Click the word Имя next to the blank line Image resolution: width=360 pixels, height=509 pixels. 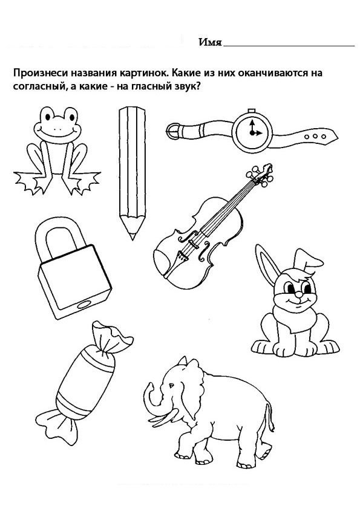pos(210,42)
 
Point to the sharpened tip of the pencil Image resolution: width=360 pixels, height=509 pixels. pos(133,236)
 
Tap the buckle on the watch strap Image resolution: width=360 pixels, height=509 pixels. pos(173,132)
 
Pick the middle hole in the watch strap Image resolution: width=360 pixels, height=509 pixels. pos(315,137)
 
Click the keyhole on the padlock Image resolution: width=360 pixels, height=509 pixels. pos(83,305)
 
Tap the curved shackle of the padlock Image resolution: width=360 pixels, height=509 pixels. pos(60,237)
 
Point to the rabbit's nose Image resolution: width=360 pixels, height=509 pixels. pos(298,294)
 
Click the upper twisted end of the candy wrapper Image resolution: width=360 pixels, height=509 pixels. pos(111,337)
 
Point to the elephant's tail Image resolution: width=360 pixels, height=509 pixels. pos(270,419)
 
